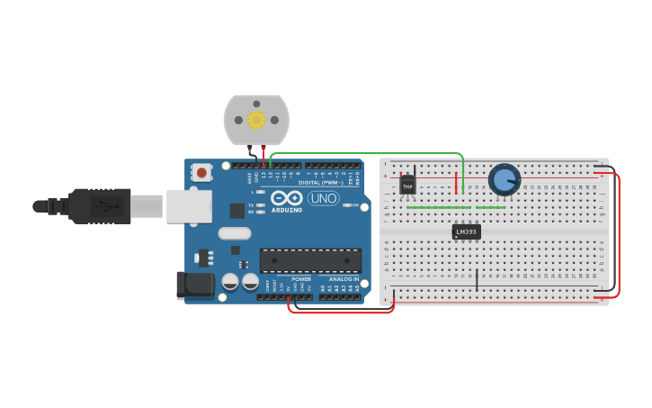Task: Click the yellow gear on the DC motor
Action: click(x=256, y=119)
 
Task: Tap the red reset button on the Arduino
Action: click(x=203, y=172)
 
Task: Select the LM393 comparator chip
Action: click(x=466, y=231)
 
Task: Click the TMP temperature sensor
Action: click(x=408, y=186)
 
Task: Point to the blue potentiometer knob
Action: click(x=505, y=179)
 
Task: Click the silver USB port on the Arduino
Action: click(x=189, y=206)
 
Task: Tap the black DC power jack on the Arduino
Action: click(x=195, y=286)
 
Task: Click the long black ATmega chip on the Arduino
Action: click(x=310, y=260)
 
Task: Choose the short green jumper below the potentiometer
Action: click(x=490, y=207)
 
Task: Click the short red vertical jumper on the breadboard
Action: click(x=456, y=183)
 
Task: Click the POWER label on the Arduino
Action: click(x=300, y=279)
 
